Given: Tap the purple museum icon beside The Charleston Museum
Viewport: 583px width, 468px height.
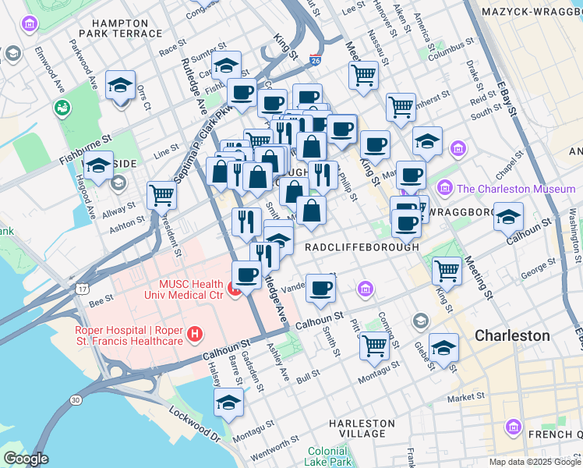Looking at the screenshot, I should click(445, 189).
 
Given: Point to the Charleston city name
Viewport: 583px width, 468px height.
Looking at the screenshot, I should click(513, 335).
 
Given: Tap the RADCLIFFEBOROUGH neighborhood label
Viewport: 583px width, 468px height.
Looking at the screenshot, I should click(362, 246).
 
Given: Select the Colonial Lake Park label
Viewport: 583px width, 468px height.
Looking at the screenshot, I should click(327, 457).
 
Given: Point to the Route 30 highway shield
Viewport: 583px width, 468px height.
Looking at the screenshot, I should click(75, 399).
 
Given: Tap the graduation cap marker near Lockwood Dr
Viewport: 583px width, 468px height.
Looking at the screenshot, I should click(228, 402).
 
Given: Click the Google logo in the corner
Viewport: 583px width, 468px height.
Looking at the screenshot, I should click(26, 459).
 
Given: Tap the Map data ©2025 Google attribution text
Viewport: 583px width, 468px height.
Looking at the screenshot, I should click(535, 462).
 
